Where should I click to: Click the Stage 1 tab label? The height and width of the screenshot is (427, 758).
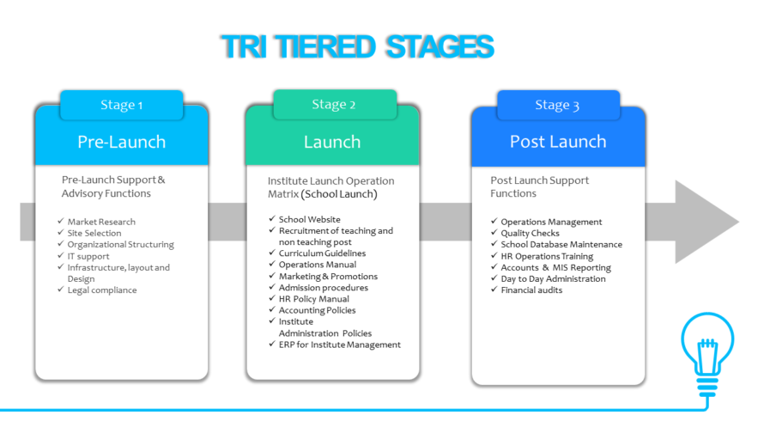pyautogui.click(x=121, y=105)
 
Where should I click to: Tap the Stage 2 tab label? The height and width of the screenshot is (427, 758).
pyautogui.click(x=334, y=105)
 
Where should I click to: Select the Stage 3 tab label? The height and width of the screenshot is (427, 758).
pyautogui.click(x=557, y=105)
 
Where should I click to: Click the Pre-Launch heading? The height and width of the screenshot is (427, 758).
pyautogui.click(x=121, y=142)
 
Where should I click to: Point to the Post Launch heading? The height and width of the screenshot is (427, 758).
pyautogui.click(x=558, y=141)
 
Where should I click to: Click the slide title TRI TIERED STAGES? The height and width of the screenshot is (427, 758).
pyautogui.click(x=358, y=47)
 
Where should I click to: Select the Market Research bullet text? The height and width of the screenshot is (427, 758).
pyautogui.click(x=101, y=222)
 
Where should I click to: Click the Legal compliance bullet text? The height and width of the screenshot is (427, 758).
pyautogui.click(x=102, y=290)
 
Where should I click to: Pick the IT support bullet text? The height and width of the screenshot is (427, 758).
pyautogui.click(x=88, y=256)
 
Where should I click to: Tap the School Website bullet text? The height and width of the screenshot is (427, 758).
pyautogui.click(x=309, y=220)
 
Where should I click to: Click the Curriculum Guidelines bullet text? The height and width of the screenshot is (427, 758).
pyautogui.click(x=322, y=253)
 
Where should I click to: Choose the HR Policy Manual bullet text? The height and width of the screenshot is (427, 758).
pyautogui.click(x=313, y=299)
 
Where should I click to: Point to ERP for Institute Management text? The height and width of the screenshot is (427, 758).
pyautogui.click(x=339, y=345)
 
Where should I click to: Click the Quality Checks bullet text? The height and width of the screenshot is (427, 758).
pyautogui.click(x=530, y=233)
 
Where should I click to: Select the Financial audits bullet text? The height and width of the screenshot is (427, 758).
pyautogui.click(x=531, y=290)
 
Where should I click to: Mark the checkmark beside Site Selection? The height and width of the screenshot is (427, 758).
pyautogui.click(x=60, y=232)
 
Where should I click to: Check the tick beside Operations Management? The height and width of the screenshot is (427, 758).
pyautogui.click(x=494, y=221)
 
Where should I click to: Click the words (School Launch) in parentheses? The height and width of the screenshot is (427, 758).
pyautogui.click(x=339, y=194)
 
